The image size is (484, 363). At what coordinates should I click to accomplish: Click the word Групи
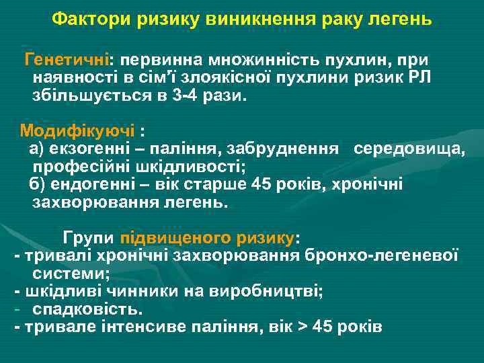(x=89, y=238)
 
